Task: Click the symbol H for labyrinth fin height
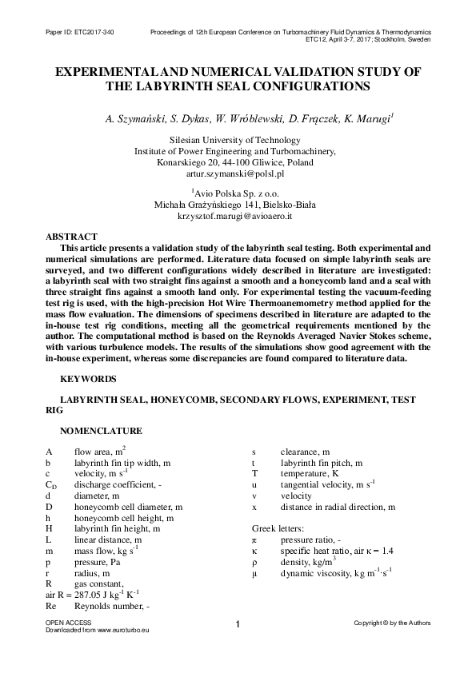pyautogui.click(x=49, y=528)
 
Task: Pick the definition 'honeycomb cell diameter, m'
pyautogui.click(x=128, y=507)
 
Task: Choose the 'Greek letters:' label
pyautogui.click(x=278, y=529)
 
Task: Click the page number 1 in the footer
pyautogui.click(x=238, y=624)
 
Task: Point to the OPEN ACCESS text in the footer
pyautogui.click(x=68, y=621)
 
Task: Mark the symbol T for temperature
pyautogui.click(x=254, y=473)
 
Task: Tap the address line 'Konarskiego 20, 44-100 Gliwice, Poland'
pyautogui.click(x=234, y=161)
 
